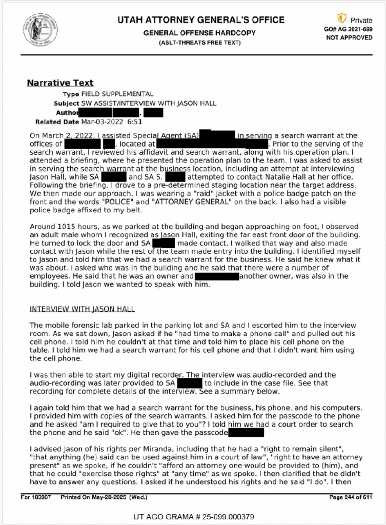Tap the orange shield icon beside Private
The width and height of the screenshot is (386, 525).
pyautogui.click(x=341, y=19)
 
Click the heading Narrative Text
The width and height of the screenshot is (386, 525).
pyautogui.click(x=60, y=83)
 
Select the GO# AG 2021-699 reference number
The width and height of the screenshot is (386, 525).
pyautogui.click(x=349, y=30)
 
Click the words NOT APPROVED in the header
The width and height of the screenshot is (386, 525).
pyautogui.click(x=349, y=38)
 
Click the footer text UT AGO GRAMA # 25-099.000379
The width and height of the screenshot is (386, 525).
pyautogui.click(x=193, y=516)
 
